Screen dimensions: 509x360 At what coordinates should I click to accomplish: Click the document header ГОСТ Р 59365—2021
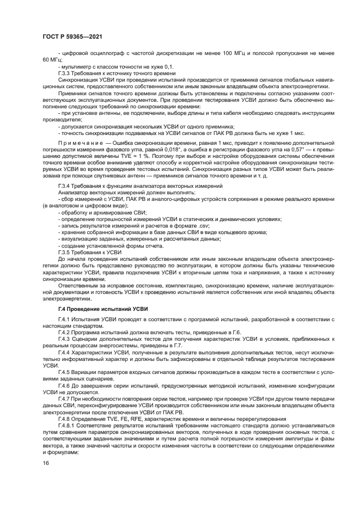pos(73,37)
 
